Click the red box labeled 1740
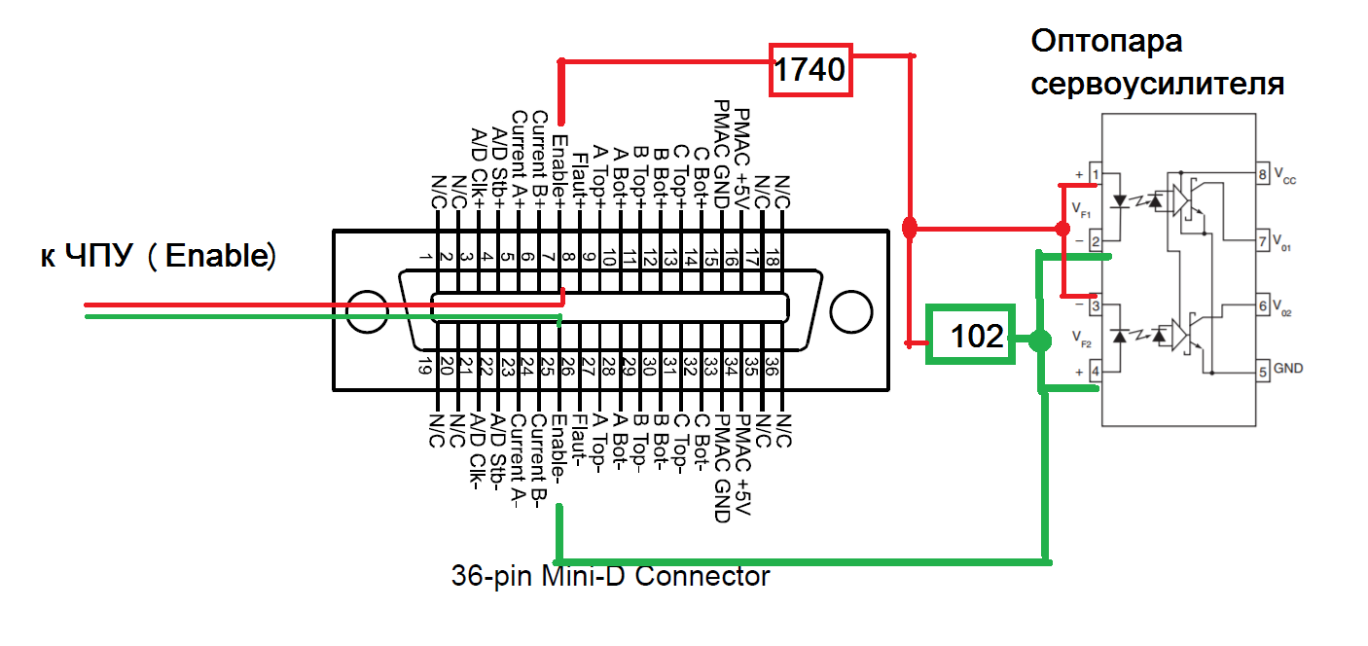pos(810,70)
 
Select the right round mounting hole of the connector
pos(851,312)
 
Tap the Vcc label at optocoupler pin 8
pos(1286,177)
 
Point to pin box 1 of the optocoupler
pos(1096,176)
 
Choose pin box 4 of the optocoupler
pos(1096,371)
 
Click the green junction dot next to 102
pos(1040,341)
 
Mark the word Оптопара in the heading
pos(1106,44)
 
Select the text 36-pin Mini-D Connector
pos(610,576)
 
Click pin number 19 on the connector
pos(425,367)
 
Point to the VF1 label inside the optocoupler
pos(1082,208)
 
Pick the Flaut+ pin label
pos(580,176)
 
